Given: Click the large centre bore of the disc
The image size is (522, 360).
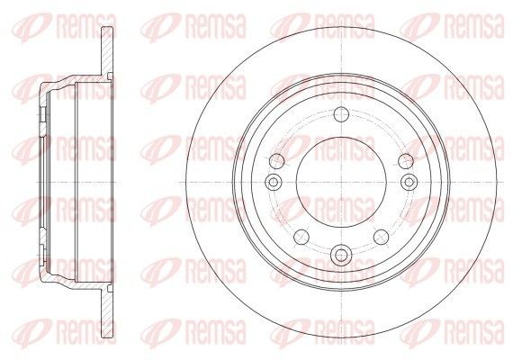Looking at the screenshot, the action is click(341, 182).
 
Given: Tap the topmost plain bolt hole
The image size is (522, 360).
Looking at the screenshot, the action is click(341, 115).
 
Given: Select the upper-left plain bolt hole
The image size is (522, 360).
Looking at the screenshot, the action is click(276, 161).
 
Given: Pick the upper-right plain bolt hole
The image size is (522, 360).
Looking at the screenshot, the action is click(406, 161).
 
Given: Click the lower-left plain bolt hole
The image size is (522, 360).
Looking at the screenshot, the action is click(301, 237).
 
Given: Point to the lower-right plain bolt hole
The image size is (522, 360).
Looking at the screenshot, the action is click(382, 237).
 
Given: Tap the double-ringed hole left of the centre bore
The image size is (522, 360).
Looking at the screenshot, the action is click(274, 182).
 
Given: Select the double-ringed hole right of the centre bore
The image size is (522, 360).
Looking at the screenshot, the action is click(409, 182).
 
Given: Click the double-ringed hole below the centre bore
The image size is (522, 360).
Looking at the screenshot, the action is click(341, 255).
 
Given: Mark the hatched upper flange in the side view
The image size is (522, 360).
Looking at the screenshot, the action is click(107, 50).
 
